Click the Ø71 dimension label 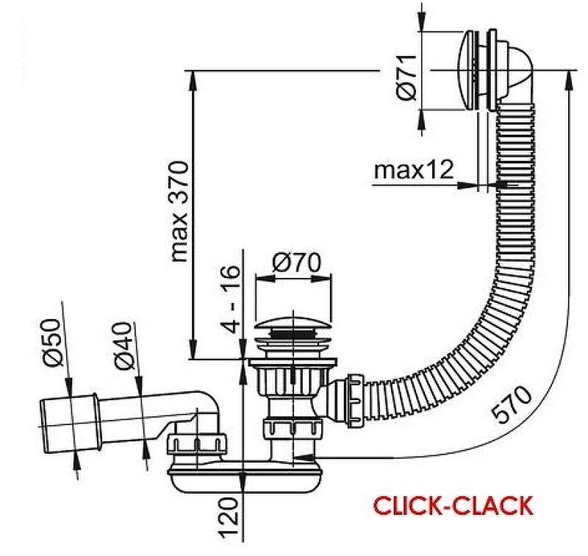409,76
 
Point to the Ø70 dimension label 292,262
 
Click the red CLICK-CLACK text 452,507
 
